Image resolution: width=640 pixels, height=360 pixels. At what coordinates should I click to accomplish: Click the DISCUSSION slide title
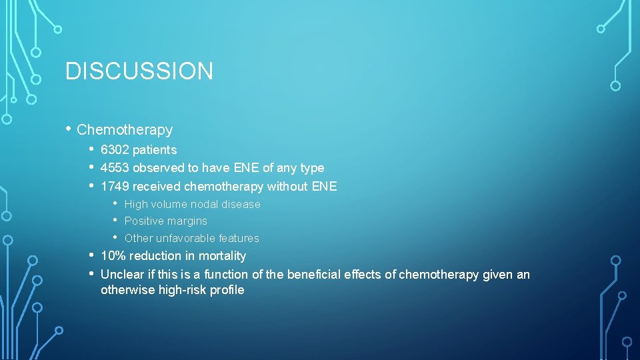[x=139, y=71]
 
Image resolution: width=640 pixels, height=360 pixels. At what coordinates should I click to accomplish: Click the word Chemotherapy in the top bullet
[x=125, y=129]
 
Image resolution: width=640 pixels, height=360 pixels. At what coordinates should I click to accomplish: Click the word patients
[x=154, y=150]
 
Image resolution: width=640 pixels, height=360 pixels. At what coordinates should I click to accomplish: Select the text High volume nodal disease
[x=192, y=204]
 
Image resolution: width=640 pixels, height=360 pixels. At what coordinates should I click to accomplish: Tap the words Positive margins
[x=165, y=221]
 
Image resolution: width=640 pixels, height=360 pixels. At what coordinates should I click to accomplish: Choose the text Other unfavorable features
[x=191, y=238]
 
